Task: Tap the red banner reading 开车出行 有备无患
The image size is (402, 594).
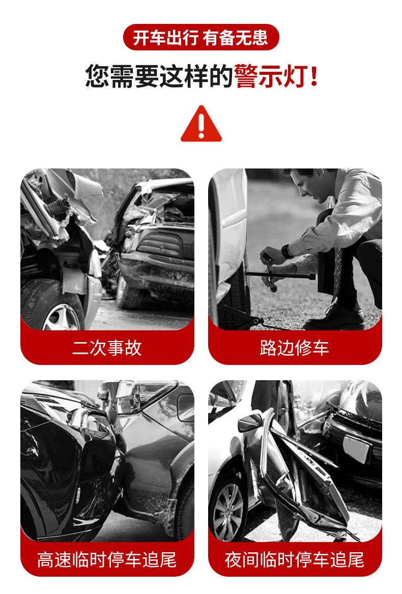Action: [201, 37]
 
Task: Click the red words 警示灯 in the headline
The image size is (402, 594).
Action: [271, 76]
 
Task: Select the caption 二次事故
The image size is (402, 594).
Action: [107, 347]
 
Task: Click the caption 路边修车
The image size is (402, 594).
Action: [295, 347]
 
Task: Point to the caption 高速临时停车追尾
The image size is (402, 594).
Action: [107, 559]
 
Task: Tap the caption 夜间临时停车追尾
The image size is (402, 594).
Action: [295, 559]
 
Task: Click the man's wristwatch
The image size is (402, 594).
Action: [286, 251]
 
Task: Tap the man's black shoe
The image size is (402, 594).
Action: [333, 318]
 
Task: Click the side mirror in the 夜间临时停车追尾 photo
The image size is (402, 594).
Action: [250, 422]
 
